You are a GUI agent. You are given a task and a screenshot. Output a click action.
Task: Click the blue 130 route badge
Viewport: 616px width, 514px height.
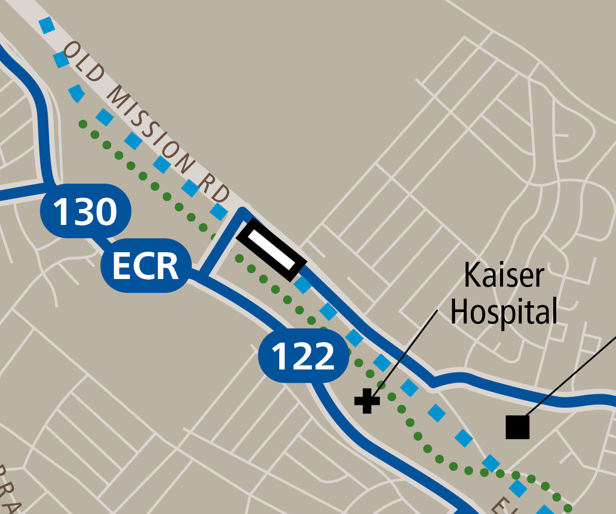click(x=85, y=212)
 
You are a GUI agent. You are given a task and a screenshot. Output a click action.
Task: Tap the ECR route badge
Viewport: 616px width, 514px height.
click(x=146, y=266)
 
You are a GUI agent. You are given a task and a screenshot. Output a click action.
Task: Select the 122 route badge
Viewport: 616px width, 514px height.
click(x=303, y=356)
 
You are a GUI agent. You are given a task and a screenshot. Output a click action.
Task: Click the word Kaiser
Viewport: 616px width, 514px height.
click(x=504, y=275)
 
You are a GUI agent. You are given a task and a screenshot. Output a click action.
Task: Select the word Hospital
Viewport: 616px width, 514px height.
click(x=504, y=311)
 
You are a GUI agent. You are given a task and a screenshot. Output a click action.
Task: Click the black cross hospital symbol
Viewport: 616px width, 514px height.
click(x=367, y=401)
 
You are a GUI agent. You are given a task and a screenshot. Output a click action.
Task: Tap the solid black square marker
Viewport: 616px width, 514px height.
click(x=518, y=427)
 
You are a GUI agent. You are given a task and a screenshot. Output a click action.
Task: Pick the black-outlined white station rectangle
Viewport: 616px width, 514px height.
click(x=271, y=250)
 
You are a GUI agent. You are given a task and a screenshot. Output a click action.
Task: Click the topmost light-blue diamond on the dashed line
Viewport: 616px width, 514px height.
click(x=46, y=25)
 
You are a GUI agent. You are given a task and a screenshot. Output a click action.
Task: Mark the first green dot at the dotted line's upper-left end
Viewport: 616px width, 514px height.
click(x=83, y=124)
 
